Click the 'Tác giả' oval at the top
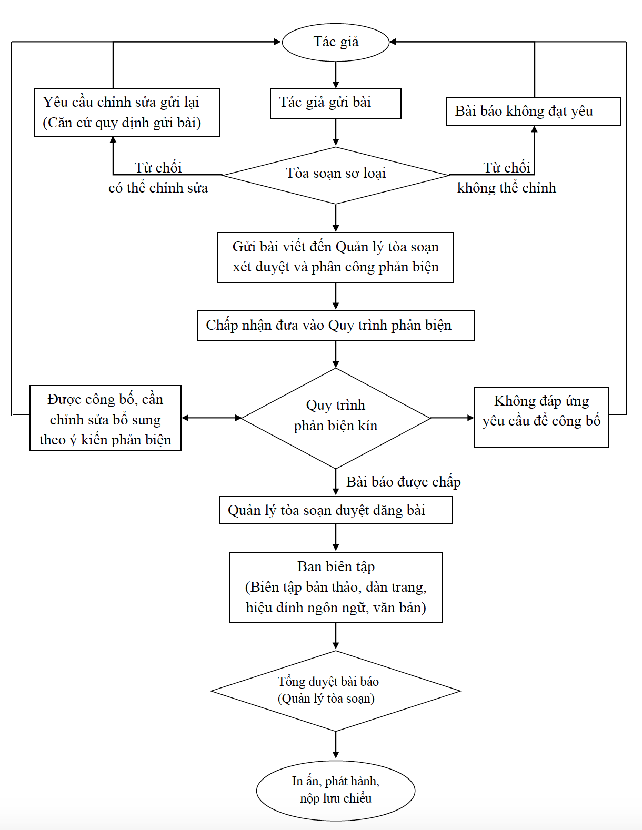[336, 42]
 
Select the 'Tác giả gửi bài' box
[335, 103]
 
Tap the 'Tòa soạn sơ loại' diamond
[336, 175]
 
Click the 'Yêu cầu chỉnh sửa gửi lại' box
[126, 113]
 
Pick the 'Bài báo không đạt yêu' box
[533, 112]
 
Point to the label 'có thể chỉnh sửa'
[158, 188]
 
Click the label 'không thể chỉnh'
[506, 188]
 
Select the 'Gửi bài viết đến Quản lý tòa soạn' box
[335, 257]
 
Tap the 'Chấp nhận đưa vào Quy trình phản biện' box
[335, 326]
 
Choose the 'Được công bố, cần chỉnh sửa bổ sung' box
[105, 418]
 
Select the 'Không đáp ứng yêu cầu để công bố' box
[541, 417]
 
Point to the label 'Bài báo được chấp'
[403, 482]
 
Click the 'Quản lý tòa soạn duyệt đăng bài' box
[335, 510]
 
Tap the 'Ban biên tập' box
[335, 587]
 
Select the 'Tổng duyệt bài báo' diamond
[335, 691]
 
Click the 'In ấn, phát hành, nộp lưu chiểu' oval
[335, 791]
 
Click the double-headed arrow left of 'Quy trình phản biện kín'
[212, 418]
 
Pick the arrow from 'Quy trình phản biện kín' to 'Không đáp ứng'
[452, 418]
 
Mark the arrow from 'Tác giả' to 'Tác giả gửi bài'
[336, 75]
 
